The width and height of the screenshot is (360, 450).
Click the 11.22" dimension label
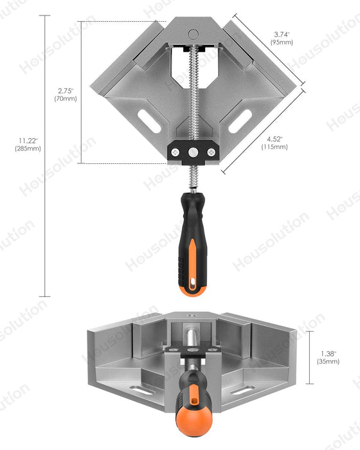[x=28, y=140]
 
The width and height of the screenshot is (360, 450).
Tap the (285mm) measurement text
[x=28, y=148]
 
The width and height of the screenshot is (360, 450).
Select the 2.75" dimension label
[x=64, y=91]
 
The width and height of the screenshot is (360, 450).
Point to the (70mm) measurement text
[x=65, y=99]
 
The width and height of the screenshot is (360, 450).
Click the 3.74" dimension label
[x=282, y=34]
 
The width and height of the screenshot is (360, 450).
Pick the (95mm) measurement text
[x=282, y=42]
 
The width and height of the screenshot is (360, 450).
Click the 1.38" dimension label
[x=328, y=353]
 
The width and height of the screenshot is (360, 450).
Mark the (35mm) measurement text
[x=328, y=361]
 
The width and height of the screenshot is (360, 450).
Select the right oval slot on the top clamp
[x=241, y=119]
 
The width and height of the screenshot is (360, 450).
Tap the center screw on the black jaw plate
[x=193, y=151]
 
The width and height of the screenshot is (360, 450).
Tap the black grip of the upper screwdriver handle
[x=192, y=225]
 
